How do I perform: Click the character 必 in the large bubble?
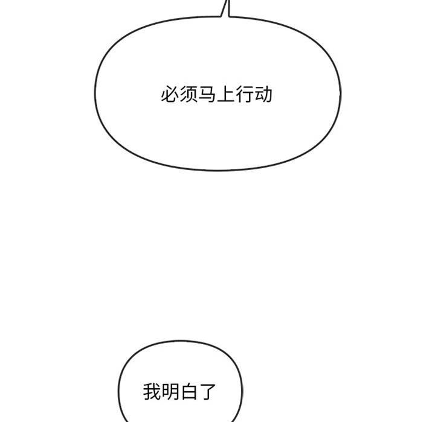[170, 95]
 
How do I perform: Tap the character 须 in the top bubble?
[188, 95]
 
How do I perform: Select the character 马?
[207, 95]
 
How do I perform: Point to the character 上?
[226, 95]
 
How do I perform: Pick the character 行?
[245, 95]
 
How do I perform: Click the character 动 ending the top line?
[263, 95]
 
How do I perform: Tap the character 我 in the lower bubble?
[152, 391]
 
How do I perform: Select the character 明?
[170, 391]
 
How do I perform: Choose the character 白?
[188, 391]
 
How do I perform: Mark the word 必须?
[179, 95]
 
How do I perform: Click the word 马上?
[217, 95]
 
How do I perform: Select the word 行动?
[254, 95]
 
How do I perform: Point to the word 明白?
[179, 391]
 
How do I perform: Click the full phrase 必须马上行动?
[217, 95]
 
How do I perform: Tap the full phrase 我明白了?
[179, 391]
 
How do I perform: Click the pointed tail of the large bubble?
[228, 1]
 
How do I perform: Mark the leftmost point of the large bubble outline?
[95, 93]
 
